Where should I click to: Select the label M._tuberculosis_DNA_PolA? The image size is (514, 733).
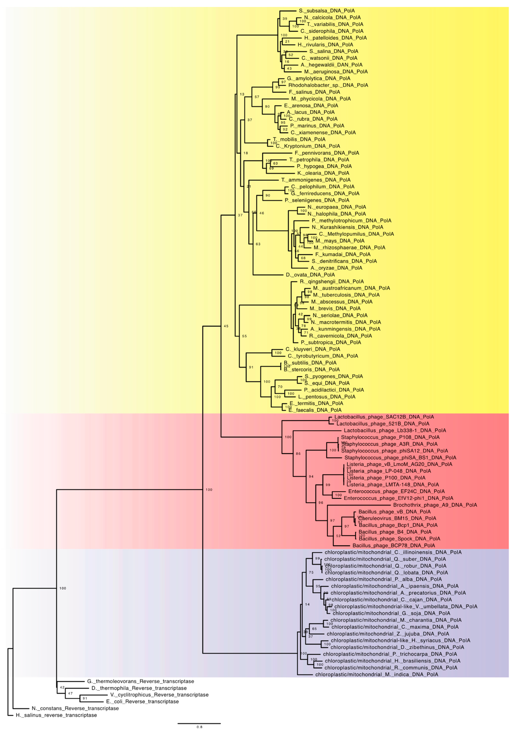346,295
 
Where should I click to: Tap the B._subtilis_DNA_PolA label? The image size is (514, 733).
310,363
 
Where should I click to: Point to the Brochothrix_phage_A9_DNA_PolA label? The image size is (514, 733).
435,505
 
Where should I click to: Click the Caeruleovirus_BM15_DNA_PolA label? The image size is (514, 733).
397,518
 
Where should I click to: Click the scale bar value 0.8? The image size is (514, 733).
199,727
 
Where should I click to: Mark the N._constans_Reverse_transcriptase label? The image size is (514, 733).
75,708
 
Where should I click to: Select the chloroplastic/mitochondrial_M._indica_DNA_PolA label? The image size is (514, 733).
376,675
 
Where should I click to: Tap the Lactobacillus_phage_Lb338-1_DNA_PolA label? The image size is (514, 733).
395,430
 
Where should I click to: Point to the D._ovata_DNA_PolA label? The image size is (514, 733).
310,275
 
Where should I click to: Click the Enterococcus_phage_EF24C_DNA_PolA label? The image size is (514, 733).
396,491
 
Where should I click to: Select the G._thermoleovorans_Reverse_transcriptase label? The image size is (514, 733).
140,681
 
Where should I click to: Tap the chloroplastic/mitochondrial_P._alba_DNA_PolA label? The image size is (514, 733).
384,579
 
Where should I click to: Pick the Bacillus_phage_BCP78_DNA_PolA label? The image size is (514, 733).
393,546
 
